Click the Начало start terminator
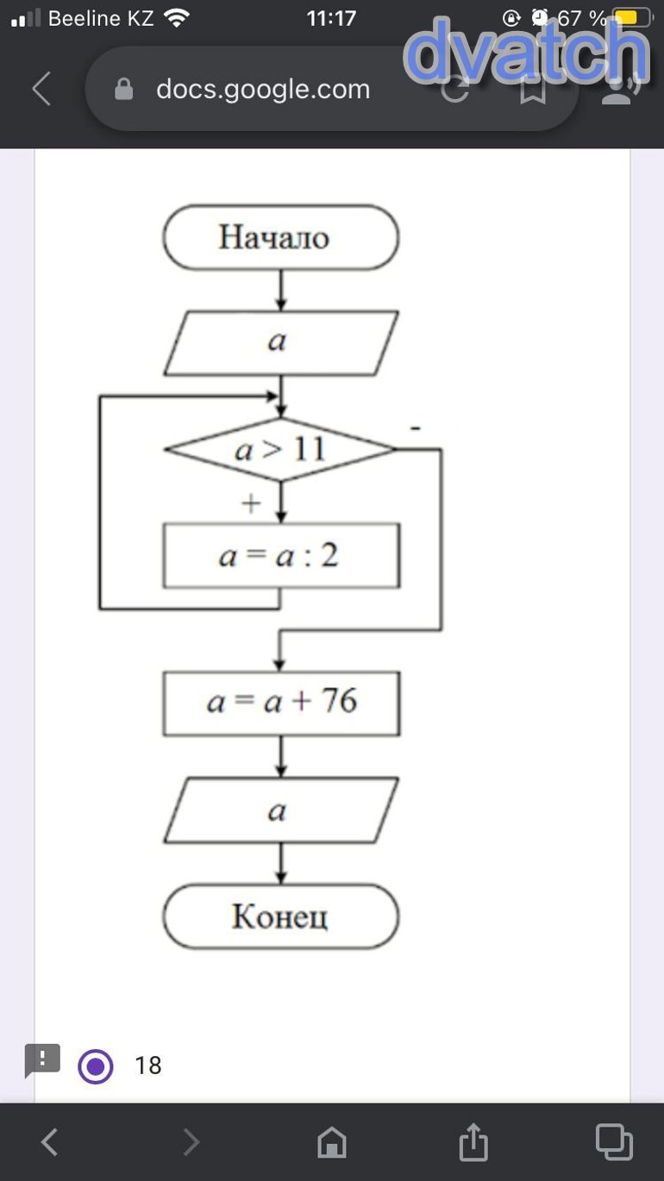pyautogui.click(x=280, y=237)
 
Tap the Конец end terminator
pyautogui.click(x=280, y=916)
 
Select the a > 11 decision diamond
pyautogui.click(x=280, y=449)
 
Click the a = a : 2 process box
pyautogui.click(x=280, y=556)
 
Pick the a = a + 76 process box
pyautogui.click(x=280, y=703)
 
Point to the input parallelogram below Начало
pyautogui.click(x=280, y=342)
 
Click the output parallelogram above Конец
pyautogui.click(x=280, y=810)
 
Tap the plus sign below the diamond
pyautogui.click(x=251, y=503)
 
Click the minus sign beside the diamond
pyautogui.click(x=416, y=428)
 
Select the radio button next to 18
pyautogui.click(x=95, y=1066)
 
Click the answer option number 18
pyautogui.click(x=148, y=1066)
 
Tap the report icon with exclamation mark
pyautogui.click(x=42, y=1059)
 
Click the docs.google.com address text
pyautogui.click(x=263, y=89)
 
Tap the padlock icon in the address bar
pyautogui.click(x=124, y=89)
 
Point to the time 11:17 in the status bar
pyautogui.click(x=331, y=18)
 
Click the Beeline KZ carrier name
pyautogui.click(x=101, y=18)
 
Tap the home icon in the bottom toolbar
pyautogui.click(x=332, y=1143)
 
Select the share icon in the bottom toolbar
pyautogui.click(x=473, y=1142)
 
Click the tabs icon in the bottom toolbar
pyautogui.click(x=614, y=1142)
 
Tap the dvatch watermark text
pyautogui.click(x=526, y=52)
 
